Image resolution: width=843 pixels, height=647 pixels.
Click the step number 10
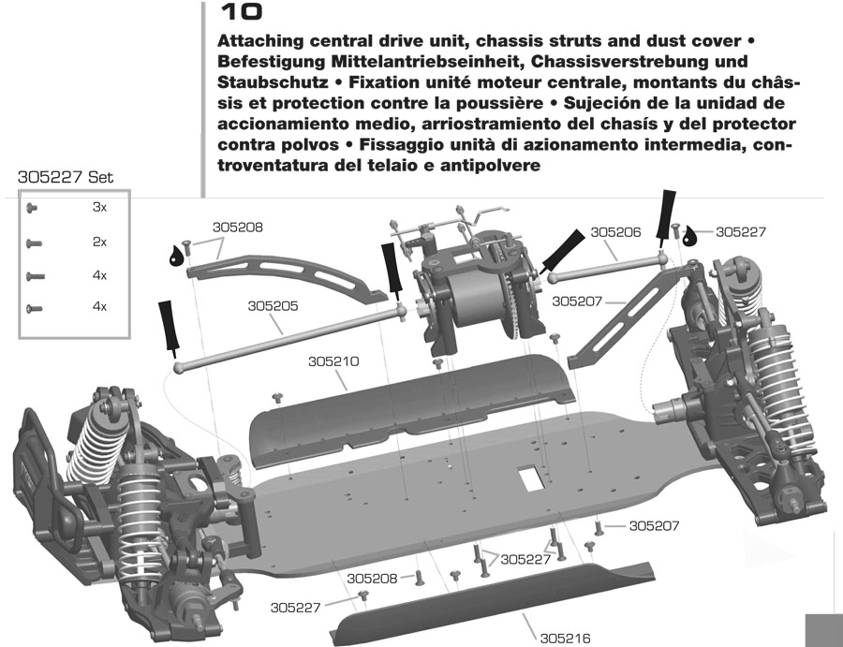[240, 12]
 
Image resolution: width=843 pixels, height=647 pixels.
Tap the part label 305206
[615, 232]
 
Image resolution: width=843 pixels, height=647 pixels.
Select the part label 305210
[335, 360]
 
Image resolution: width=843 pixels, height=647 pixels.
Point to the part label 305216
[566, 639]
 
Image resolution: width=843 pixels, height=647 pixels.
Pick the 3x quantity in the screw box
[99, 208]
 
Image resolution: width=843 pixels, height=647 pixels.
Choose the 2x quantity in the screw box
[99, 242]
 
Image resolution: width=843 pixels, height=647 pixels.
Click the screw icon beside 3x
[32, 208]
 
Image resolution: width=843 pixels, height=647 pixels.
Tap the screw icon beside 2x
[34, 243]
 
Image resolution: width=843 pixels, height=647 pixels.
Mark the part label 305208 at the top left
[237, 227]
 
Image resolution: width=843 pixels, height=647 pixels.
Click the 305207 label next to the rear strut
[578, 301]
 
